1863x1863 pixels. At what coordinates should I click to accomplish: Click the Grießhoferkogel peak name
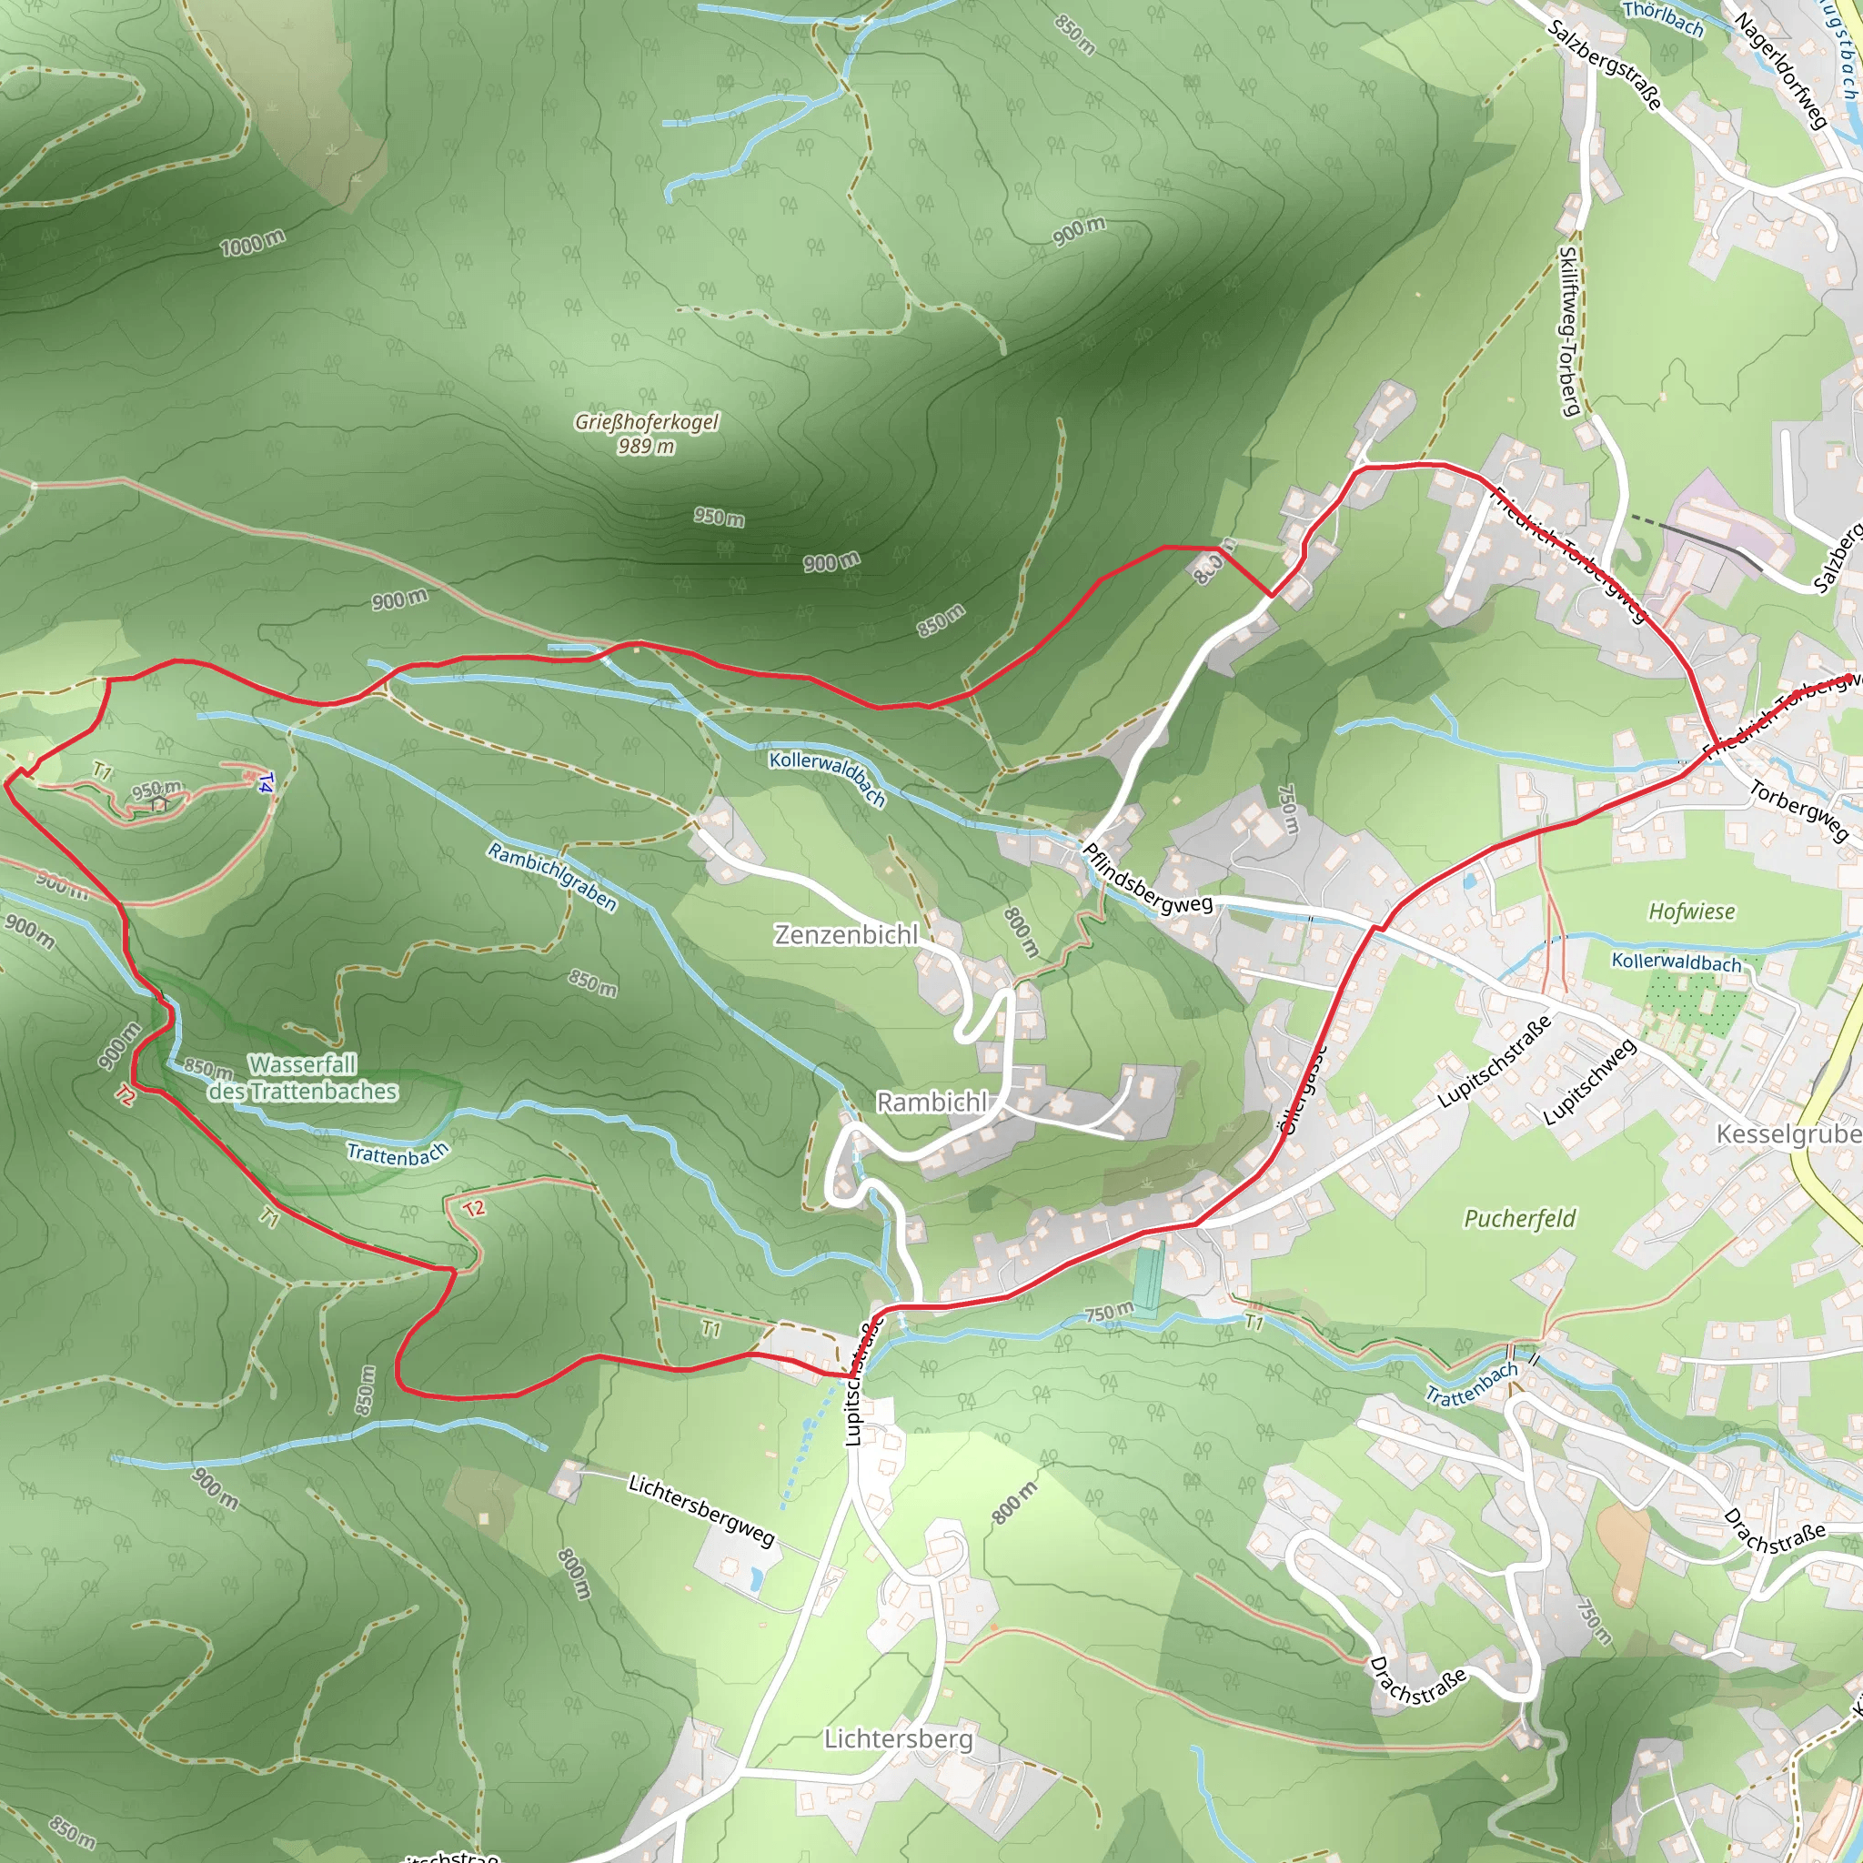(646, 422)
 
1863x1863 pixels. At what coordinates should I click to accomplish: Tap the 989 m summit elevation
(646, 447)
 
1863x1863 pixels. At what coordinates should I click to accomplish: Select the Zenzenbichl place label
(846, 934)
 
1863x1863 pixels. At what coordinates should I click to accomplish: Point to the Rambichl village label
(931, 1103)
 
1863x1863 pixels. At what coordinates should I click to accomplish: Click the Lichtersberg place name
(898, 1738)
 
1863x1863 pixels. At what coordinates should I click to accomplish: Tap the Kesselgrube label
(1787, 1134)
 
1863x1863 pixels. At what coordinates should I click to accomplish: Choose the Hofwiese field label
(1691, 911)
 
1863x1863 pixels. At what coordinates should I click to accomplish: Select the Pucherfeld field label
(1520, 1219)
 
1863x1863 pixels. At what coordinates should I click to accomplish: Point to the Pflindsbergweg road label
(1146, 878)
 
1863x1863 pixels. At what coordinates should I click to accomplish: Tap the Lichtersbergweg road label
(701, 1509)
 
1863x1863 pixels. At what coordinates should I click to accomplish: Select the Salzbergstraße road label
(1604, 65)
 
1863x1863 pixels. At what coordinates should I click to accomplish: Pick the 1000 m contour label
(253, 242)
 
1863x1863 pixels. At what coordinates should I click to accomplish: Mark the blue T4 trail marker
(267, 782)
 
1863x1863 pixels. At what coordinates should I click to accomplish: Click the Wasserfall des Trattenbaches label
(303, 1078)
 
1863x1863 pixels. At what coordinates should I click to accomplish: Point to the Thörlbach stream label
(1663, 18)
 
